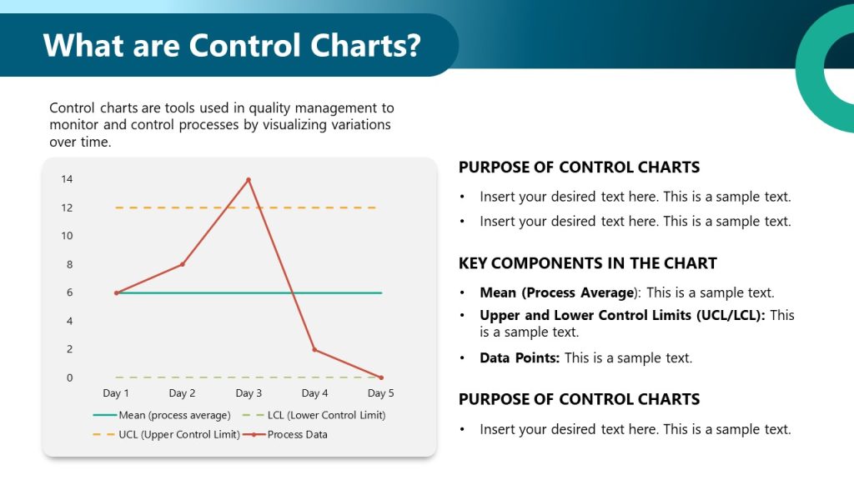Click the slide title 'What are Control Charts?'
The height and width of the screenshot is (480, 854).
pos(231,44)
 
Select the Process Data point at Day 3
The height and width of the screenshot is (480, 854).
pos(248,179)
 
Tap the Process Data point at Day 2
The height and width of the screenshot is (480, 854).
pos(182,264)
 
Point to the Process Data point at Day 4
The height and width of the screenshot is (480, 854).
pos(314,349)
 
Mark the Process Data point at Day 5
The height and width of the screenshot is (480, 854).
pos(381,377)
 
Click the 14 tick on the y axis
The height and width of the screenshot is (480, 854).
pos(67,179)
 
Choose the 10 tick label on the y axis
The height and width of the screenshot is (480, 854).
pos(67,236)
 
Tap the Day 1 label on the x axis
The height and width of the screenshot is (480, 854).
pos(116,393)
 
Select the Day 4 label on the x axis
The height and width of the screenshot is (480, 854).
pos(314,393)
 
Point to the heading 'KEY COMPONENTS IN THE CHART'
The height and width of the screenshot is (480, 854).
pos(587,263)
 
